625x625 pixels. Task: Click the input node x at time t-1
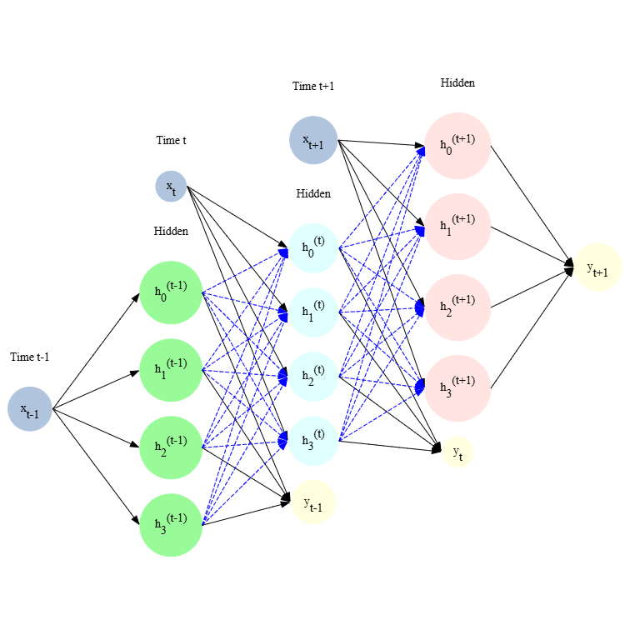(x=30, y=409)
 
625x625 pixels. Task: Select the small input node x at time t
(x=171, y=186)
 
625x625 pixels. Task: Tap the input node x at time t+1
(x=313, y=140)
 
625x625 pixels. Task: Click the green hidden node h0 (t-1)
(x=171, y=292)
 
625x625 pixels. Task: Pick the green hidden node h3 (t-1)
(x=171, y=524)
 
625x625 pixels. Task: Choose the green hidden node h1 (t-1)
(x=171, y=370)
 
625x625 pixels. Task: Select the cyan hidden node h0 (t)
(x=313, y=247)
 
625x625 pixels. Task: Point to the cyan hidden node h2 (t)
(x=313, y=376)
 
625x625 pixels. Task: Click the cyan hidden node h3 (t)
(x=313, y=440)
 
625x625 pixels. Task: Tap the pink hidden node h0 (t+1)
(x=457, y=145)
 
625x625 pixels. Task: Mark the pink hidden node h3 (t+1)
(x=457, y=388)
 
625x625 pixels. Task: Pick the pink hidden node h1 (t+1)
(x=457, y=226)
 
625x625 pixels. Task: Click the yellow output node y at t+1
(x=597, y=267)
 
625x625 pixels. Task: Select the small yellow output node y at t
(x=457, y=452)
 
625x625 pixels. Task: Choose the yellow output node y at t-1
(x=313, y=502)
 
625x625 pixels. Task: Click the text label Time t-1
(x=30, y=357)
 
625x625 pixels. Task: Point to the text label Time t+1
(x=313, y=87)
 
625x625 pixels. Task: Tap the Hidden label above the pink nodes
(x=457, y=83)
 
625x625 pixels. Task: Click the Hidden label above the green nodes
(x=171, y=231)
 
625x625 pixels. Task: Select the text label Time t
(x=171, y=140)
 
